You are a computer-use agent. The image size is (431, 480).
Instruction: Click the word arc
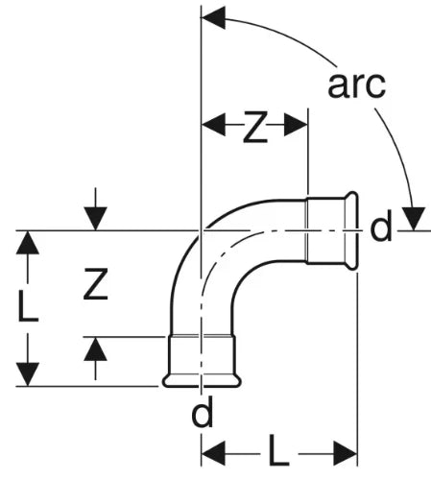pyautogui.click(x=356, y=85)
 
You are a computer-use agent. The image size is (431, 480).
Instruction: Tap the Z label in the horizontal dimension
pyautogui.click(x=255, y=127)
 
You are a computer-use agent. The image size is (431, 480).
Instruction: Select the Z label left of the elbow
pyautogui.click(x=95, y=284)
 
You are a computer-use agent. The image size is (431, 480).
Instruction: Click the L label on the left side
pyautogui.click(x=28, y=305)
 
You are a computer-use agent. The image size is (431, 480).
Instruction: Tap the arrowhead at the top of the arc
pyautogui.click(x=213, y=18)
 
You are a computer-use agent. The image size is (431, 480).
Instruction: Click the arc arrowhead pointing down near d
pyautogui.click(x=414, y=219)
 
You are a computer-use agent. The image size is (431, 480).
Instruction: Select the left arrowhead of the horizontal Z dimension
pyautogui.click(x=213, y=124)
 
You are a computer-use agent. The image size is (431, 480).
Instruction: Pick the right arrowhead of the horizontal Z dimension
pyautogui.click(x=296, y=124)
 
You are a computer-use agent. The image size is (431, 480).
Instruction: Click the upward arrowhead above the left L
pyautogui.click(x=28, y=243)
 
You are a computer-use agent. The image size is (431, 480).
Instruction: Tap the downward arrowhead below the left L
pyautogui.click(x=28, y=374)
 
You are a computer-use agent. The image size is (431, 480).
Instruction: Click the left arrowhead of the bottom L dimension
pyautogui.click(x=213, y=453)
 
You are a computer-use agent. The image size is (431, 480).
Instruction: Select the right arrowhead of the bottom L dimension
pyautogui.click(x=345, y=453)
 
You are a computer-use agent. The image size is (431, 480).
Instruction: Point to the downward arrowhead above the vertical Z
pyautogui.click(x=95, y=219)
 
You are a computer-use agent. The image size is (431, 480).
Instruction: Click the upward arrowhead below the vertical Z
pyautogui.click(x=95, y=348)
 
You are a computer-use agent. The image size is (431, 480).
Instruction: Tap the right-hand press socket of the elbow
pyautogui.click(x=331, y=231)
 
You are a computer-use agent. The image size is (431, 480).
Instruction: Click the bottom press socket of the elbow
pyautogui.click(x=202, y=361)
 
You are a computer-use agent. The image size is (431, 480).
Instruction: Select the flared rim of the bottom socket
pyautogui.click(x=202, y=381)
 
